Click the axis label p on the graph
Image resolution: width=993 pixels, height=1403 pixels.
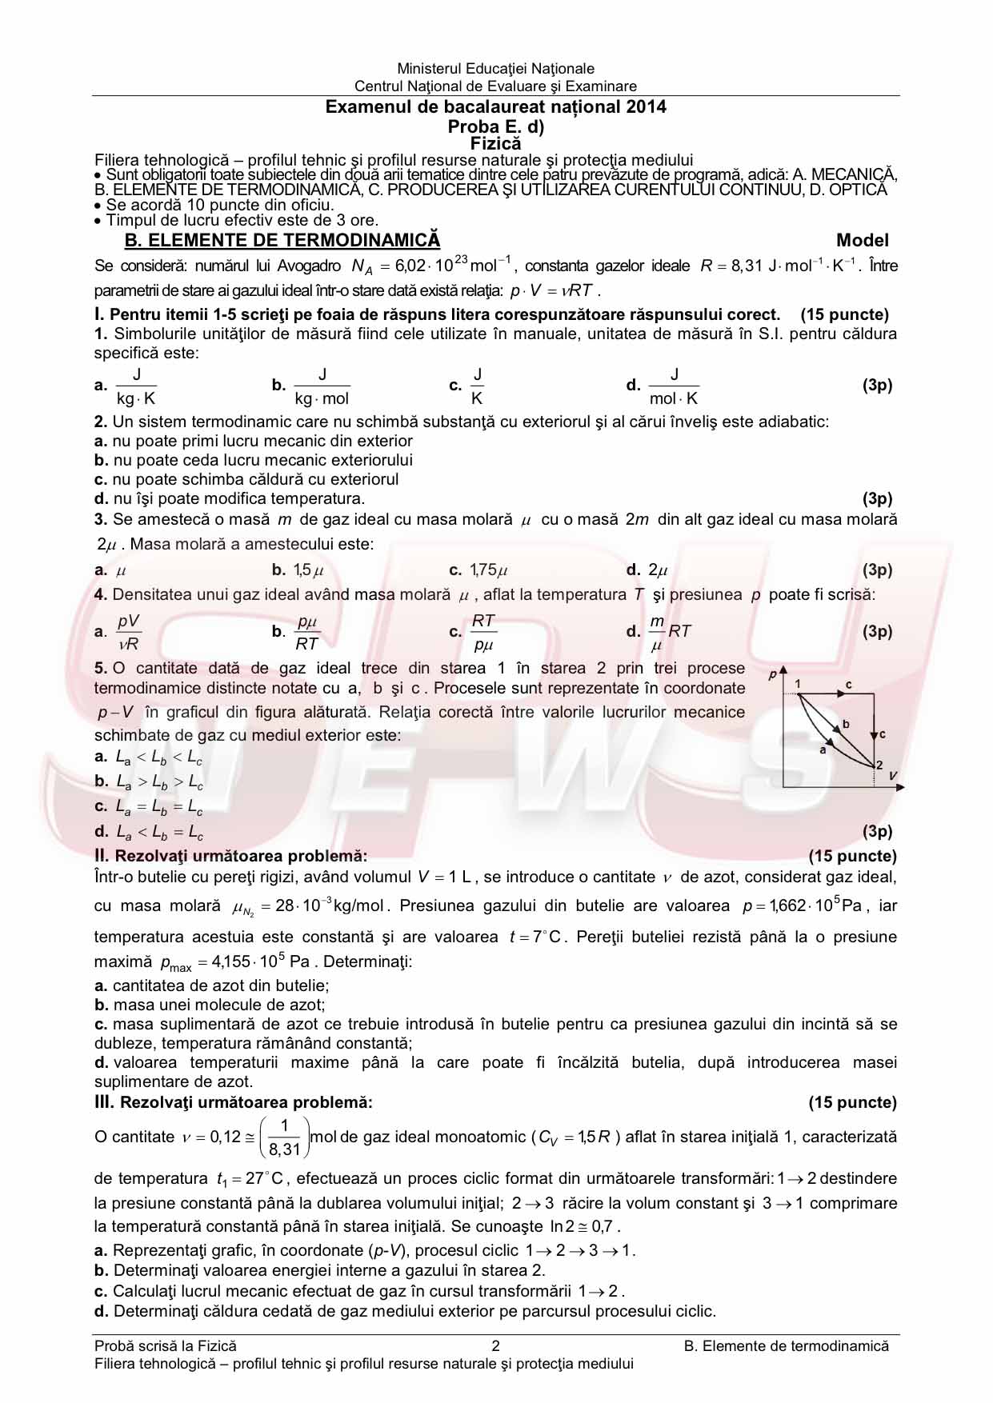click(773, 674)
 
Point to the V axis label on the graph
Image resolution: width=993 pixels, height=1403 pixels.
click(893, 775)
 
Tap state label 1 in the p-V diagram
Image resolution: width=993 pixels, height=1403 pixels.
click(798, 684)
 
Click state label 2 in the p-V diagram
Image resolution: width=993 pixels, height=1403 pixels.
click(879, 765)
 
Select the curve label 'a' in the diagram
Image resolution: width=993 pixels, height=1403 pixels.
click(823, 749)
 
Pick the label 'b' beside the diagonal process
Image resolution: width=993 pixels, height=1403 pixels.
click(846, 725)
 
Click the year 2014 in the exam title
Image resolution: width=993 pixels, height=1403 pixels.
click(647, 107)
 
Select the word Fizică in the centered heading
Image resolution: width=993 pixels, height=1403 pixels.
click(495, 144)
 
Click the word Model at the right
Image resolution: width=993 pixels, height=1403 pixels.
click(863, 241)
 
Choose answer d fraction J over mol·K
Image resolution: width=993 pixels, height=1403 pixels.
click(674, 386)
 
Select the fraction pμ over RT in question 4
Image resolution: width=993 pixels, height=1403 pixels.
click(307, 632)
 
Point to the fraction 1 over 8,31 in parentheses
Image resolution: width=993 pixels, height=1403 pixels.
click(285, 1137)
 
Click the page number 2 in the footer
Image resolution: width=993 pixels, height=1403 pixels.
click(495, 1346)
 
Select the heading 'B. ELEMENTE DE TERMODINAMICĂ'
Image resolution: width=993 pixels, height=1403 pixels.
click(282, 241)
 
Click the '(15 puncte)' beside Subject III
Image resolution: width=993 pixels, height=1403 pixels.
click(852, 1102)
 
